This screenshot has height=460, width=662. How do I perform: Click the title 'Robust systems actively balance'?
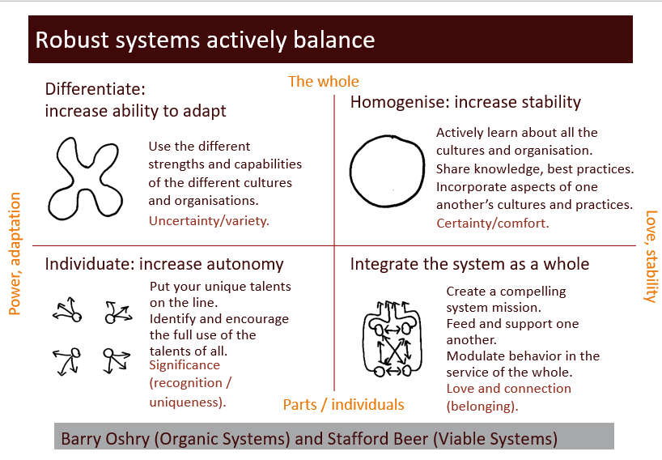tap(205, 40)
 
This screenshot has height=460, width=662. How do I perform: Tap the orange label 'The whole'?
tap(323, 81)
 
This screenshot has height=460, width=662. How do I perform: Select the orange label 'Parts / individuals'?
tap(343, 404)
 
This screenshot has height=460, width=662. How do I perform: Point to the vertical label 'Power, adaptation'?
tap(14, 253)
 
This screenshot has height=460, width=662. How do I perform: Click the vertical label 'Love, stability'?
tap(650, 256)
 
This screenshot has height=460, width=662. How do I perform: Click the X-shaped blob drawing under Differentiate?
tap(83, 179)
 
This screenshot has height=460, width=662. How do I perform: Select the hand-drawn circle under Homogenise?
tap(386, 171)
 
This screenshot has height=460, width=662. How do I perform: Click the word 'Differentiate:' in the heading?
tap(95, 89)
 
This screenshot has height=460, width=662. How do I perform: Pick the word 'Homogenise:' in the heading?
tap(400, 102)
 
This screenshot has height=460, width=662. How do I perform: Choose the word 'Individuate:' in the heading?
tap(90, 264)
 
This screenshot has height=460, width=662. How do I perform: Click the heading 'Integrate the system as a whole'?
tap(469, 264)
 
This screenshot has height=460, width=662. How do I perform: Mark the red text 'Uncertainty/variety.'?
tap(209, 220)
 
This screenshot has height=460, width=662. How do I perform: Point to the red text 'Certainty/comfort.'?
tap(492, 223)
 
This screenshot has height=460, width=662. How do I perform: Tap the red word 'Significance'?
tap(185, 366)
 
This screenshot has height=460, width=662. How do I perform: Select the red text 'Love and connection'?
tap(508, 389)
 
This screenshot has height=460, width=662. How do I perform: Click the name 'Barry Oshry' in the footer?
tap(103, 439)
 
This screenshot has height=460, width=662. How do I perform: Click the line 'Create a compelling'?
tap(506, 292)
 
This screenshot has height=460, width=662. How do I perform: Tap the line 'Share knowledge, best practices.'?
tap(534, 169)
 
